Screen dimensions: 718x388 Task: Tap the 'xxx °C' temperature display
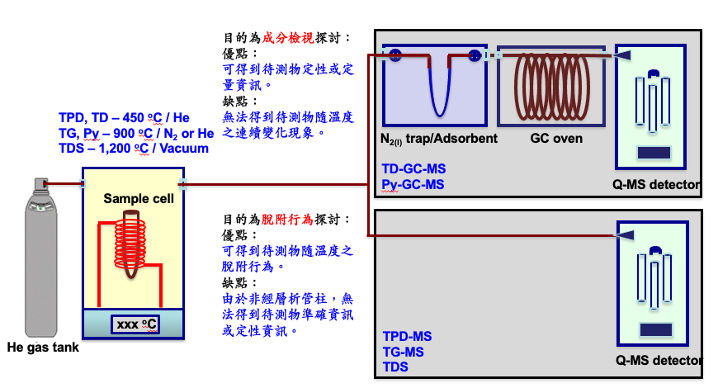[135, 324]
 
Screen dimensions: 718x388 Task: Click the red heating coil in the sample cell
[130, 243]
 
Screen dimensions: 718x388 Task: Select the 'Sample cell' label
[139, 198]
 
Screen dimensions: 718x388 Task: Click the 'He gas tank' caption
[43, 348]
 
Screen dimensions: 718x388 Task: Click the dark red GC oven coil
[552, 87]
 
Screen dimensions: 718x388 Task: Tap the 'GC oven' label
[556, 138]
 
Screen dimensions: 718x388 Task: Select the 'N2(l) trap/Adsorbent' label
[439, 139]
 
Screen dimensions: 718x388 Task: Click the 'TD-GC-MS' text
[414, 168]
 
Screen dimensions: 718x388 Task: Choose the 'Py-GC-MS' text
[413, 185]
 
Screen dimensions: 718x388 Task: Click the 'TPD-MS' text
[408, 336]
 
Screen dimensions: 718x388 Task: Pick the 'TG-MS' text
[404, 352]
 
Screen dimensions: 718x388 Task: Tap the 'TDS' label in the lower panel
[395, 367]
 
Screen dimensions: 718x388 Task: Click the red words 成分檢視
[288, 38]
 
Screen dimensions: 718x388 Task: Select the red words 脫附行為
[287, 220]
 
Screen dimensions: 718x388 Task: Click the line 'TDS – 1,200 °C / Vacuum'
[134, 149]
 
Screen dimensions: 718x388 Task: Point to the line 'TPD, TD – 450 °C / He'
[124, 118]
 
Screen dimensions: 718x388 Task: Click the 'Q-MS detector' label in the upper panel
[656, 185]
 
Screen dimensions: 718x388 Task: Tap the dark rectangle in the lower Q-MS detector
[656, 329]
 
